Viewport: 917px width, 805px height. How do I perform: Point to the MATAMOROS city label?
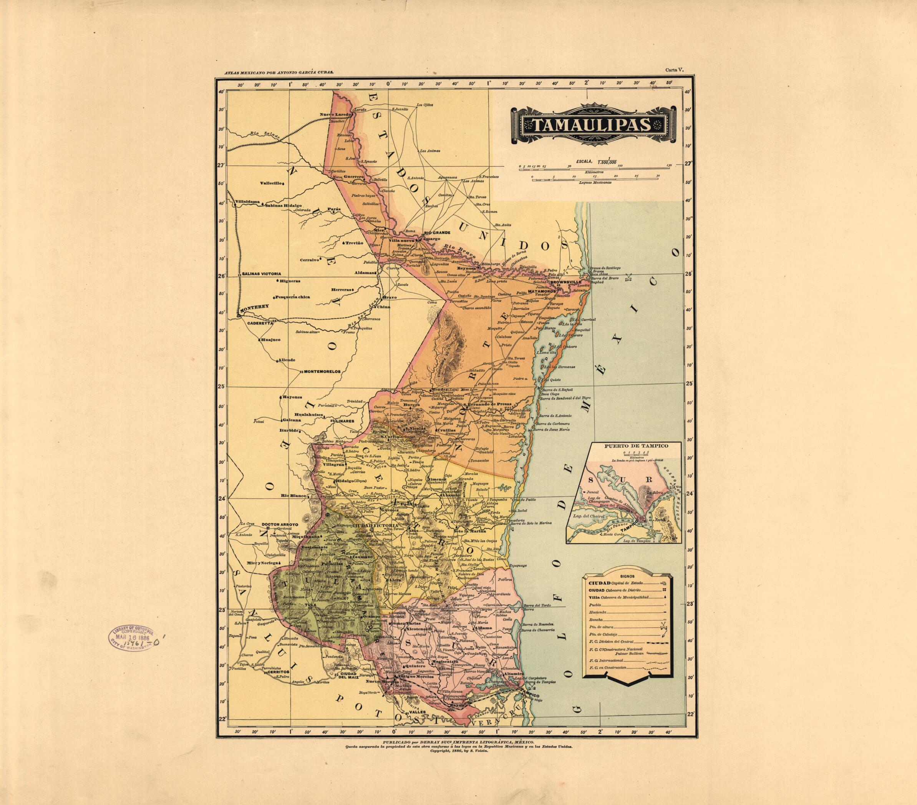(x=541, y=291)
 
